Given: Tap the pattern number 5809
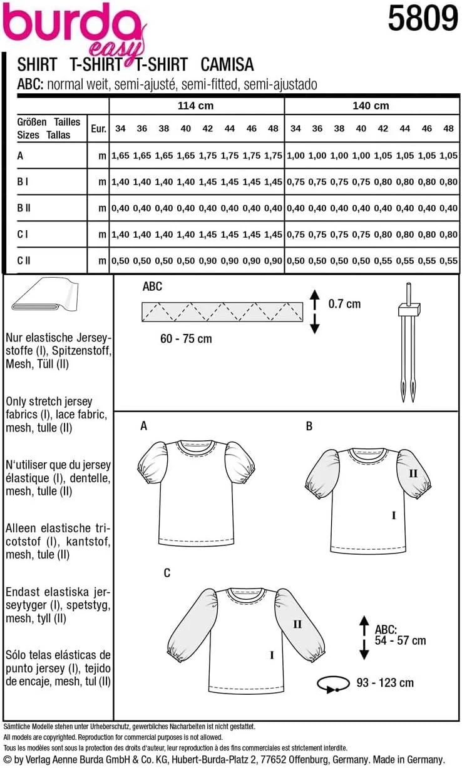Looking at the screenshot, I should (423, 19).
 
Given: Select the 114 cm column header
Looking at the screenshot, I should (195, 106).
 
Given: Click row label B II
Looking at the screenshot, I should (24, 208).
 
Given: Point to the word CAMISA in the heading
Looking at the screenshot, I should (228, 64).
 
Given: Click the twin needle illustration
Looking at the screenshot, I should (406, 341).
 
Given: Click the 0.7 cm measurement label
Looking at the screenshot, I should (344, 304).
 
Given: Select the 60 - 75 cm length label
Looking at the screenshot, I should (186, 338).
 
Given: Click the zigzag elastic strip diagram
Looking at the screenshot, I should (222, 310).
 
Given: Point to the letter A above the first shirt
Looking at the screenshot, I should (144, 426).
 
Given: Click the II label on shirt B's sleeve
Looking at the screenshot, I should (413, 473).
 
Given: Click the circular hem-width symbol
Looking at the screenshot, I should (331, 684).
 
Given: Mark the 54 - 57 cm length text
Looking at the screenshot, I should (401, 640).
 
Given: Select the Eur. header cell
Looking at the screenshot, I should (98, 129).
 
